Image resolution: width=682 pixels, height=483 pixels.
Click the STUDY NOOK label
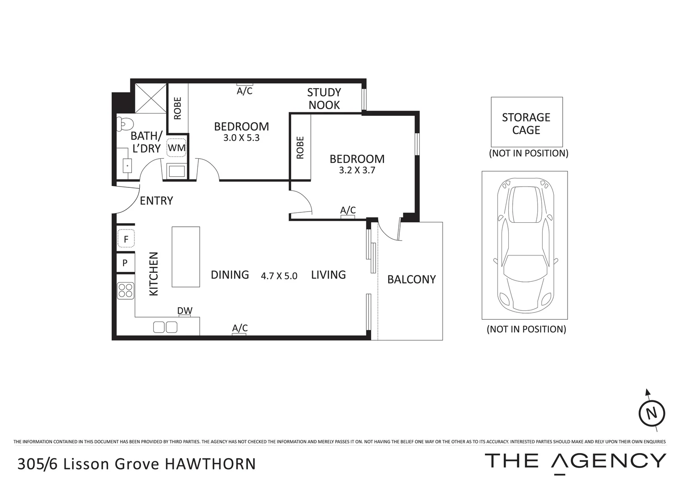[324, 99]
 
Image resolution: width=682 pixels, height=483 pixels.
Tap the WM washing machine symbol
[176, 148]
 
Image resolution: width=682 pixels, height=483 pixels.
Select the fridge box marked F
[126, 239]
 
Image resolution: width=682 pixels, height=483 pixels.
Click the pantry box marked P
[125, 263]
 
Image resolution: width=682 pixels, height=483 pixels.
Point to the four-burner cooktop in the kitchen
[126, 291]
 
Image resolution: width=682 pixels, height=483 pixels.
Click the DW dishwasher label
[184, 310]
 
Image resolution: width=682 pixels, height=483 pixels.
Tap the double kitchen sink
[165, 327]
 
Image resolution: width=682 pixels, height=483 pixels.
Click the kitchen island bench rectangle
[186, 257]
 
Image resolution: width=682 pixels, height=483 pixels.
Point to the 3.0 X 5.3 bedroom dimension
[241, 138]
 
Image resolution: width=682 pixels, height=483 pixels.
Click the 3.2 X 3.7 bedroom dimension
[357, 170]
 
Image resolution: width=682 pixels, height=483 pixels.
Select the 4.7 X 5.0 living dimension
[279, 276]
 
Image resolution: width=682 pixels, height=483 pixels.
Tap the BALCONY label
[411, 280]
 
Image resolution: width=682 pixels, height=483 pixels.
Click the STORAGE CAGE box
[527, 122]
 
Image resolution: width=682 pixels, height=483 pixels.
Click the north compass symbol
[652, 413]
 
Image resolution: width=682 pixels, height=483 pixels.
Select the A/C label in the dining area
[240, 328]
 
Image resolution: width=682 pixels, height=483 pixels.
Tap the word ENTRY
[156, 201]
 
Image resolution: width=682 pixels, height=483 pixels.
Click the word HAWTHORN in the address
[210, 464]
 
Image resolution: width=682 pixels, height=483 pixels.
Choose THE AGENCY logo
[575, 461]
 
